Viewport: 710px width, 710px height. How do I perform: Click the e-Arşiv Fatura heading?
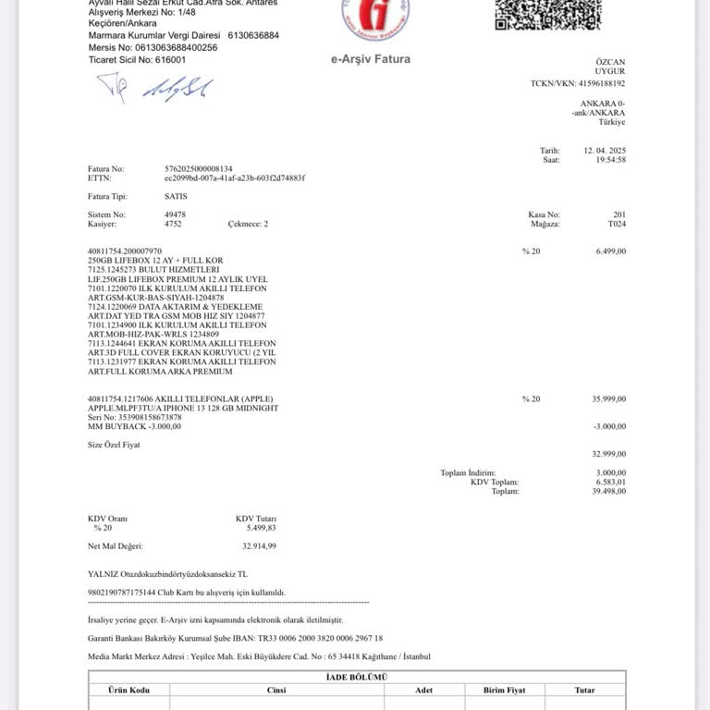[370, 59]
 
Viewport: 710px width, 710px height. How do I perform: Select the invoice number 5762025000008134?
[198, 169]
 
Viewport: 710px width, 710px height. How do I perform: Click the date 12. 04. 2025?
[605, 150]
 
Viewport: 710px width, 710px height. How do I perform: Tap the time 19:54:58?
[610, 160]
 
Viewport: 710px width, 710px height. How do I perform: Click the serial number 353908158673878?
[147, 417]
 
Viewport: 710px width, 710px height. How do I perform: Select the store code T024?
[616, 224]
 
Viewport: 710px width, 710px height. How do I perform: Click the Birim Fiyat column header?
[504, 691]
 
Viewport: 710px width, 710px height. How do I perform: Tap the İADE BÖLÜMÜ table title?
[357, 678]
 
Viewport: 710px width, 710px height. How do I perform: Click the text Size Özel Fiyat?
[114, 445]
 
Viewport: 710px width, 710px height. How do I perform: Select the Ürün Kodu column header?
[129, 691]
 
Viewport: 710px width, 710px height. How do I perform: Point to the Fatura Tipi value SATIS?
[177, 196]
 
